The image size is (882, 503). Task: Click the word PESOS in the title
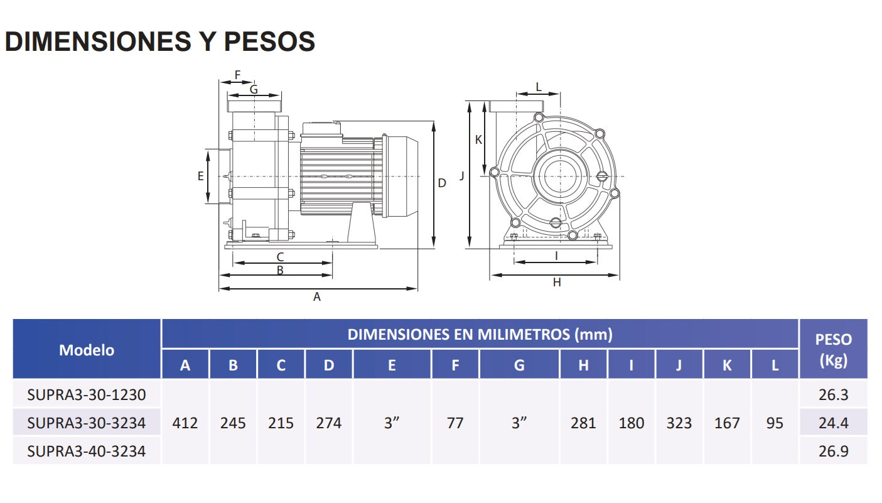(x=269, y=41)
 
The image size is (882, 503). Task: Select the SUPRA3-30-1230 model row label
(x=87, y=395)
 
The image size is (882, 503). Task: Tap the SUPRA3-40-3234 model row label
(x=87, y=451)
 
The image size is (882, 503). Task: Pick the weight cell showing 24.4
(x=833, y=423)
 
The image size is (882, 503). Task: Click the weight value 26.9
(x=833, y=451)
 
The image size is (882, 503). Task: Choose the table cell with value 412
(x=185, y=423)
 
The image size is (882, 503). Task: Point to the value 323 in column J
(x=679, y=423)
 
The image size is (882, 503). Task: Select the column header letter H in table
(x=583, y=365)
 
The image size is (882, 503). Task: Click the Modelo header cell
(x=87, y=350)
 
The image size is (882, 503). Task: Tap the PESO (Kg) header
(x=833, y=350)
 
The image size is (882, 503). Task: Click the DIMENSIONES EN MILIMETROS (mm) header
(x=480, y=334)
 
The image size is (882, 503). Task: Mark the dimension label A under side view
(x=317, y=297)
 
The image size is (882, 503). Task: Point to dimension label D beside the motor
(x=442, y=183)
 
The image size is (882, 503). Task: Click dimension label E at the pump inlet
(x=201, y=176)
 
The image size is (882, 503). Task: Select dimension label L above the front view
(x=538, y=87)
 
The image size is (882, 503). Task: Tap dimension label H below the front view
(x=556, y=283)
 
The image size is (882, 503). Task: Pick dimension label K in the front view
(x=478, y=139)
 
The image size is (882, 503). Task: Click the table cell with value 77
(x=455, y=423)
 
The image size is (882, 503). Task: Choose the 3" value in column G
(x=519, y=423)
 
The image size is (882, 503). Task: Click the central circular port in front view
(x=556, y=175)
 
